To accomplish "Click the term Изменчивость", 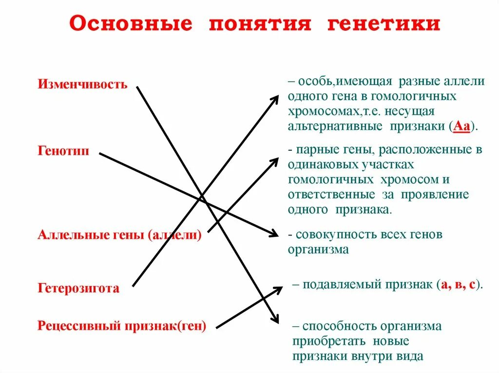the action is coord(82,84).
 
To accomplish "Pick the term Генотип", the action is coord(63,151).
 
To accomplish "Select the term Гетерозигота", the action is coord(78,288).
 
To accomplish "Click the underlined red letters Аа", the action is coord(461,126).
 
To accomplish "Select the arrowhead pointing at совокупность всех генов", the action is coord(275,234).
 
